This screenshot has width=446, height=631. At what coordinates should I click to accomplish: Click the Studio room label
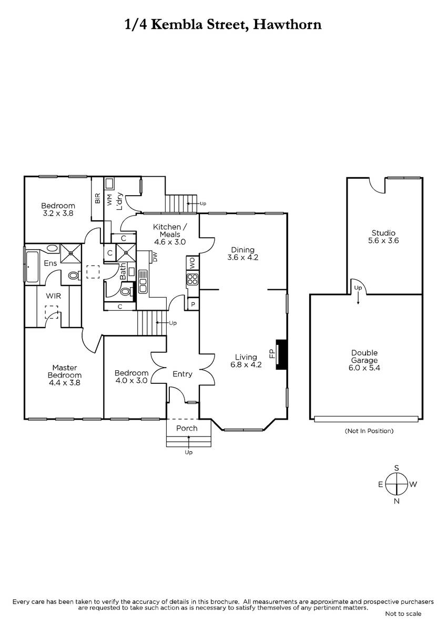[x=383, y=232]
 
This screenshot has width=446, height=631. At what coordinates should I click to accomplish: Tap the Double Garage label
[x=364, y=357]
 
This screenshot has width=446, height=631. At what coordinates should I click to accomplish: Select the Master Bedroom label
[x=65, y=371]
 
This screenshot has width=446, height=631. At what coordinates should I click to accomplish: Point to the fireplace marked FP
[x=281, y=354]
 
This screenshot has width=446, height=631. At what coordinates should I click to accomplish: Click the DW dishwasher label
[x=155, y=257]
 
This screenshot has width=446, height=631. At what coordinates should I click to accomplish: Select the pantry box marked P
[x=193, y=304]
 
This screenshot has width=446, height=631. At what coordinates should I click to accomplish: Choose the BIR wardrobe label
[x=98, y=198]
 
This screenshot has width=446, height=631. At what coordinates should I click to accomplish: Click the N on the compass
[x=397, y=501]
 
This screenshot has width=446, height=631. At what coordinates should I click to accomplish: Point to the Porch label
[x=187, y=428]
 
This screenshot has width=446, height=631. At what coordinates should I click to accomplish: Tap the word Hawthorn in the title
[x=287, y=25]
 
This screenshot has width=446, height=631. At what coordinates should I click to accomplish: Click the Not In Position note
[x=369, y=431]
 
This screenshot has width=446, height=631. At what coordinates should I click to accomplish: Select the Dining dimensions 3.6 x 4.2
[x=242, y=257]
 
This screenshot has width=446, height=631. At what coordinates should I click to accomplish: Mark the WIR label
[x=53, y=296]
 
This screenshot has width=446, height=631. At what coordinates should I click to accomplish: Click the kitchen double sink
[x=143, y=281]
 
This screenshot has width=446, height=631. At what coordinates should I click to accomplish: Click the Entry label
[x=183, y=374]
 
